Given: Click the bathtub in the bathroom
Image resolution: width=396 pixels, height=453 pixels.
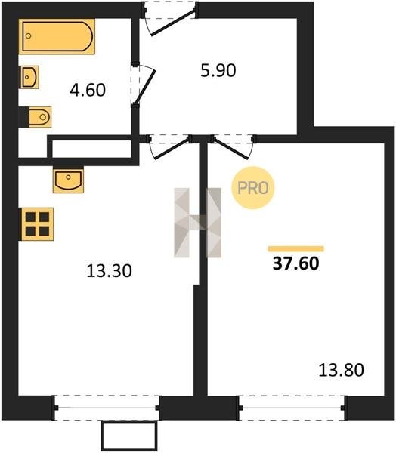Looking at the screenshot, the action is pyautogui.click(x=57, y=36).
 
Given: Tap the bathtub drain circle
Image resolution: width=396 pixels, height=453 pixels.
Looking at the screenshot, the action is pyautogui.click(x=29, y=35).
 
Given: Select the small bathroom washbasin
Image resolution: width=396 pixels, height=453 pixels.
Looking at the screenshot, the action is pyautogui.click(x=29, y=77).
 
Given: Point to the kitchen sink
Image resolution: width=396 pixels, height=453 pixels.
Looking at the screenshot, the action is pyautogui.click(x=68, y=180).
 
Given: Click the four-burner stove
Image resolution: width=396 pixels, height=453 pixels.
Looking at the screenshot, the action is pyautogui.click(x=36, y=224).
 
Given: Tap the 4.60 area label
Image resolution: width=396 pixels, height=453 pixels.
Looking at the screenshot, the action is pyautogui.click(x=88, y=90).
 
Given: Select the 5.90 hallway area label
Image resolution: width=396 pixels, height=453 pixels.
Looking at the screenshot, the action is pyautogui.click(x=218, y=70).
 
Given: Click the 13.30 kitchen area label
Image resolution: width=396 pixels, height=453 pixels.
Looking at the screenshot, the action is pyautogui.click(x=109, y=271).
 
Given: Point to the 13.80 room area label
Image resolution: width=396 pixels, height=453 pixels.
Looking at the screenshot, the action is pyautogui.click(x=341, y=370).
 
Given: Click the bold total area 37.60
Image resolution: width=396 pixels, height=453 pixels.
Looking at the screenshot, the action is pyautogui.click(x=295, y=263).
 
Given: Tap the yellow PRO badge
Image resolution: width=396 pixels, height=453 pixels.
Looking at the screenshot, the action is pyautogui.click(x=253, y=188).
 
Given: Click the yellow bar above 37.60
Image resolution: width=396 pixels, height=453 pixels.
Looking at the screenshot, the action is pyautogui.click(x=296, y=248).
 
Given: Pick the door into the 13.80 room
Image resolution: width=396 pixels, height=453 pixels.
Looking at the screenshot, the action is pyautogui.click(x=230, y=148).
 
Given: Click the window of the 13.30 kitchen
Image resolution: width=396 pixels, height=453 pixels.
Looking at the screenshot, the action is pyautogui.click(x=107, y=408).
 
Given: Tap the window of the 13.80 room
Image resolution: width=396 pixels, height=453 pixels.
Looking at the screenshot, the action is pyautogui.click(x=292, y=408).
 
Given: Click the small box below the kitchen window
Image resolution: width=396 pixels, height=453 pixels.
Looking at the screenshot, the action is pyautogui.click(x=129, y=436).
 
